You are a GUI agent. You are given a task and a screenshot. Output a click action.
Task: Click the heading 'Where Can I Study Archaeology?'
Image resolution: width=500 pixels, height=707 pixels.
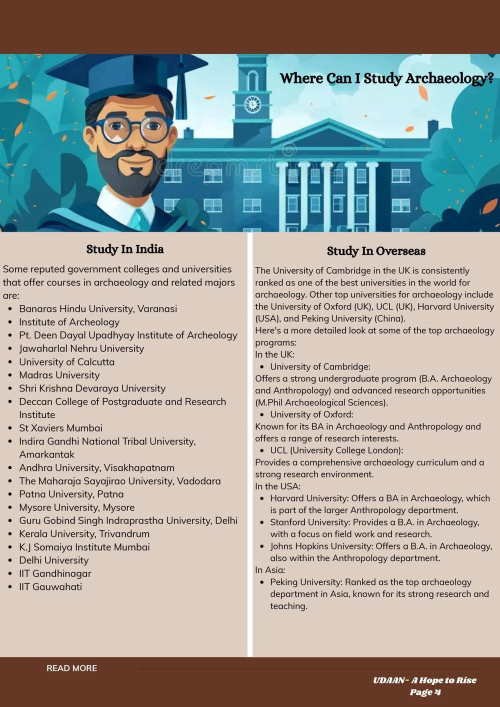[386, 78]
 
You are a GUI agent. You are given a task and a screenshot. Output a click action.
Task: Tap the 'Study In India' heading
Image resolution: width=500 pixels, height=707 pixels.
[125, 249]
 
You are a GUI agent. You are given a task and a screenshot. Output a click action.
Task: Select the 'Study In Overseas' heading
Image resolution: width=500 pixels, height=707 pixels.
[376, 251]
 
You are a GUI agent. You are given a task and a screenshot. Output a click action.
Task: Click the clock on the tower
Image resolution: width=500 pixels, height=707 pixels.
[252, 104]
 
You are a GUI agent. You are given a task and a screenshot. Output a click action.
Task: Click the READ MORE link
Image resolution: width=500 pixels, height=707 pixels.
[71, 668]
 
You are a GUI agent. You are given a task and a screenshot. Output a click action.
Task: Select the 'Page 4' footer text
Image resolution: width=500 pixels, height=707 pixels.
[425, 692]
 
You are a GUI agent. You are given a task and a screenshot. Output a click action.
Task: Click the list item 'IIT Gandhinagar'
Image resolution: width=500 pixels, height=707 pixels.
[55, 573]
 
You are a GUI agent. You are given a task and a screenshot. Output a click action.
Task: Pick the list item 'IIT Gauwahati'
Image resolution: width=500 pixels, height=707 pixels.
[50, 586]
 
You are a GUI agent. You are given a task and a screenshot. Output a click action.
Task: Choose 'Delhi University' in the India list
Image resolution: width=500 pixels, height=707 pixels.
[53, 560]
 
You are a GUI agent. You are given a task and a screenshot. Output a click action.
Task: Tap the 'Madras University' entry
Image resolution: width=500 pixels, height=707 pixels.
[59, 375]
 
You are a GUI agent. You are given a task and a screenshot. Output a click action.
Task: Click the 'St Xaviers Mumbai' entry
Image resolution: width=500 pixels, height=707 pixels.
[60, 428]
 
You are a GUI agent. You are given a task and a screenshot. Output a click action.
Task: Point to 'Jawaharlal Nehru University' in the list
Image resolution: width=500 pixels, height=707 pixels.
[81, 348]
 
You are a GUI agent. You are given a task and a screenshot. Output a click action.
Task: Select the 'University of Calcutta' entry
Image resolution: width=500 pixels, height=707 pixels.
[66, 361]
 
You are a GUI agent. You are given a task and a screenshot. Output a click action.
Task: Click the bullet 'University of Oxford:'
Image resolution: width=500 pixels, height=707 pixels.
[311, 414]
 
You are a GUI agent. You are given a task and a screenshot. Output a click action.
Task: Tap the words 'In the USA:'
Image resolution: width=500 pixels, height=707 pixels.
[277, 486]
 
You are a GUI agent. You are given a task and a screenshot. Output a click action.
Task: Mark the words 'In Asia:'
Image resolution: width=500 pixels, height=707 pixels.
[270, 570]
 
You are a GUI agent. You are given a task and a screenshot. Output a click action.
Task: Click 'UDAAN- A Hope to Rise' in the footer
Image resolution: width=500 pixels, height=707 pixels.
[424, 680]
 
